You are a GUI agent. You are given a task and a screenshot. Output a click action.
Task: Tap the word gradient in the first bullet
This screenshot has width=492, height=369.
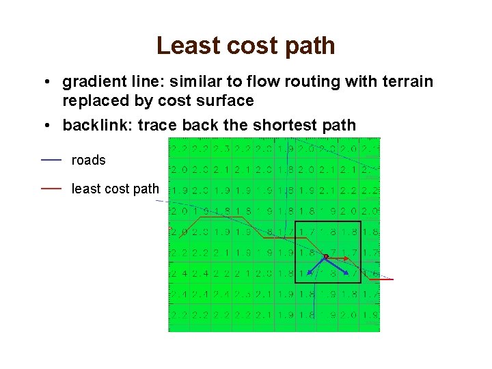pos(90,82)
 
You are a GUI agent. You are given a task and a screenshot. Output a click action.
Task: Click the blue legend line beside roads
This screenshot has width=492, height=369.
pos(51,159)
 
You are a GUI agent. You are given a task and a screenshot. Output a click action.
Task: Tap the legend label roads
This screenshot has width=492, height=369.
pos(89,160)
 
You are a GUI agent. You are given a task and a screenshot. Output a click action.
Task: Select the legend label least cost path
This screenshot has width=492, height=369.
pos(115,189)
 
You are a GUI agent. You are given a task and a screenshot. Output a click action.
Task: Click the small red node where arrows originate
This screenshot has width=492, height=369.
pos(326,256)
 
